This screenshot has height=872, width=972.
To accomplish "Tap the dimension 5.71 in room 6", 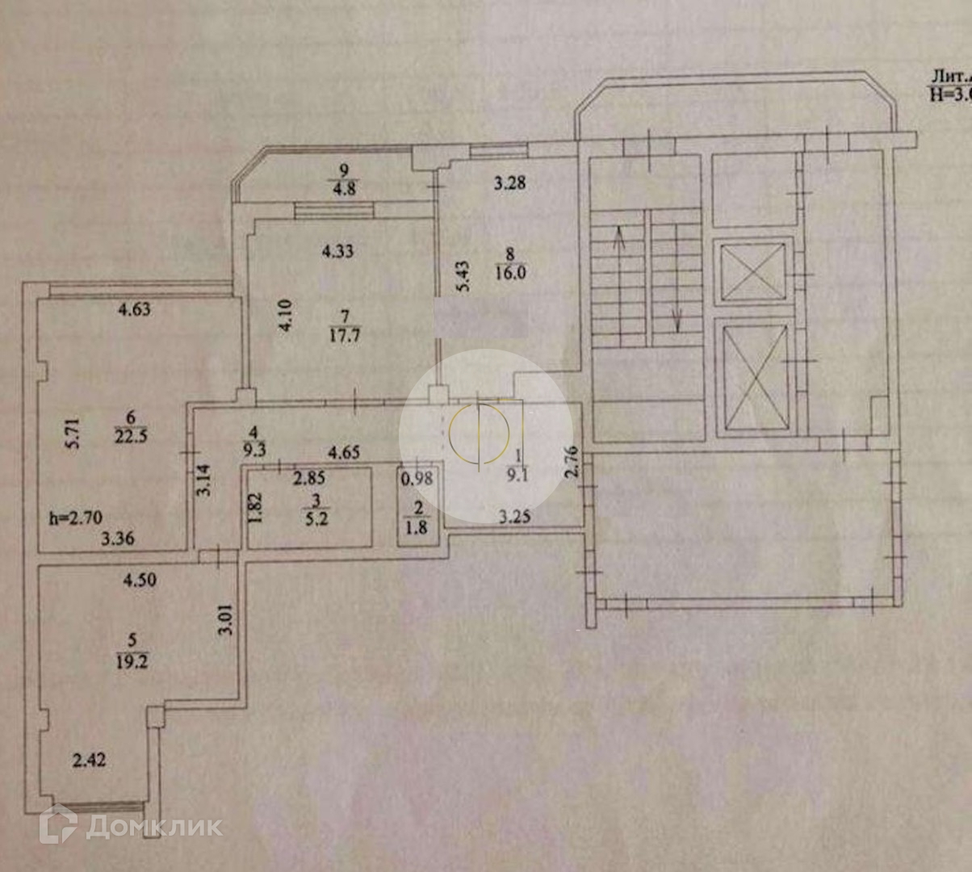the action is pyautogui.click(x=73, y=433).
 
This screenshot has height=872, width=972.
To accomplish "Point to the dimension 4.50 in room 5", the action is pyautogui.click(x=139, y=580).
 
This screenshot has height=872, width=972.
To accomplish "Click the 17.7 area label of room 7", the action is pyautogui.click(x=344, y=334).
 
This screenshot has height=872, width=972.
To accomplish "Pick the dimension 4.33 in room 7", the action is pyautogui.click(x=337, y=251).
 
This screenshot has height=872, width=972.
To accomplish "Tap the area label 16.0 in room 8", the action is pyautogui.click(x=510, y=273).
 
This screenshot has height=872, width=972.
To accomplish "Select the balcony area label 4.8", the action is pyautogui.click(x=345, y=190).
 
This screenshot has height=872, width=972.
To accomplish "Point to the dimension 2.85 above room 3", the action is pyautogui.click(x=308, y=478).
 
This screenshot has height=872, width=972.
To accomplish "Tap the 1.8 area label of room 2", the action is pyautogui.click(x=417, y=528).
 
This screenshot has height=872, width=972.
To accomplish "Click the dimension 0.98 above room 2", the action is pyautogui.click(x=417, y=478).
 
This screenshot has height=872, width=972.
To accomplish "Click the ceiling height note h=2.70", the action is pyautogui.click(x=75, y=518).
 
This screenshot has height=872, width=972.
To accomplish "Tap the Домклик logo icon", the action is pyautogui.click(x=58, y=825).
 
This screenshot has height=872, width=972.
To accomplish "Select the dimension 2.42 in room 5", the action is pyautogui.click(x=89, y=760).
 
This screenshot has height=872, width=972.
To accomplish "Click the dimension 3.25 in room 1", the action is pyautogui.click(x=514, y=516).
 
